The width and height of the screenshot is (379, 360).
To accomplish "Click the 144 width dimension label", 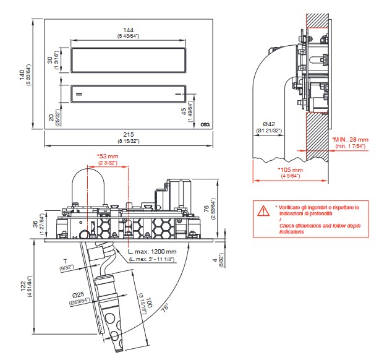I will [129, 30].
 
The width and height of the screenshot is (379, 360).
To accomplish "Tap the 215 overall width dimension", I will [129, 134].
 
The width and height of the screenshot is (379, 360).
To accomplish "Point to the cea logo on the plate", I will [205, 124].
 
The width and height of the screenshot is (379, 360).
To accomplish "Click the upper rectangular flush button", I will [129, 60].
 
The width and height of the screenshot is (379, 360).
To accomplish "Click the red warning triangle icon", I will [263, 210].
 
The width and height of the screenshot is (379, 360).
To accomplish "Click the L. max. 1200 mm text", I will [152, 252].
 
